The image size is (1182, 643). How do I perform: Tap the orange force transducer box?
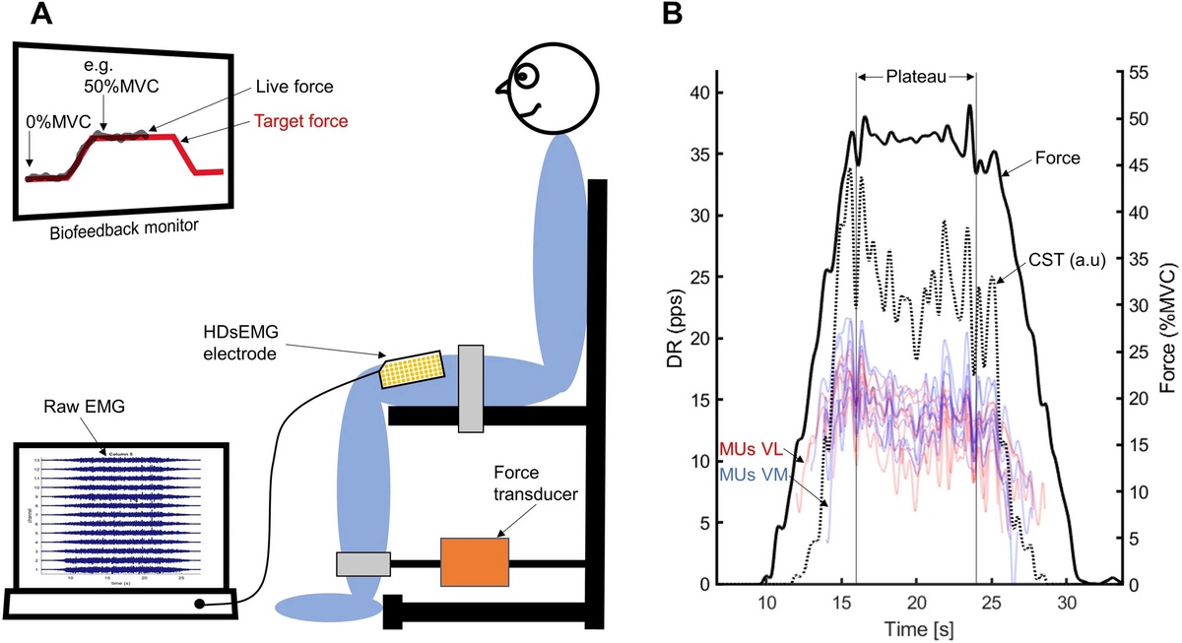pos(474,564)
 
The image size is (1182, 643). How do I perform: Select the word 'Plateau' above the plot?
pos(915,77)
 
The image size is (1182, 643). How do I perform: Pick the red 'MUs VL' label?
pos(752,449)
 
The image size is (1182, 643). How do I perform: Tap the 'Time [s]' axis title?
pos(916,627)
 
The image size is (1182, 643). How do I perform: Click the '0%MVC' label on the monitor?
pos(53,124)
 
